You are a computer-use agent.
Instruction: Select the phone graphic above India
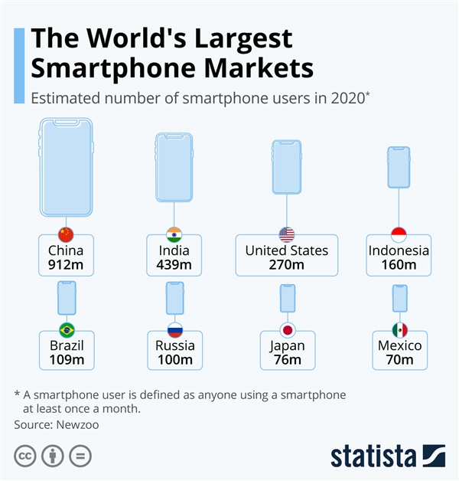tap(174, 167)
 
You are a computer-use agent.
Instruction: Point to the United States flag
tap(287, 234)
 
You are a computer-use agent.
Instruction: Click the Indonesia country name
tap(399, 250)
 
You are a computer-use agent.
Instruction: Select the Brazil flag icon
tap(66, 330)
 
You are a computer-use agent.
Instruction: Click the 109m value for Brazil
tap(66, 360)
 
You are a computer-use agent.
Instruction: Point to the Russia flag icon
tap(174, 330)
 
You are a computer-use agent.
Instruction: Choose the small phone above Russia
tap(174, 298)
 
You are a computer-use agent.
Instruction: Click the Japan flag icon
tap(287, 330)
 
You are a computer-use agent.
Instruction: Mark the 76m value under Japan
tap(287, 360)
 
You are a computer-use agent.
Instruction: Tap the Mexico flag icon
tap(399, 330)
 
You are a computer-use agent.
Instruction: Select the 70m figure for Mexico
tap(399, 360)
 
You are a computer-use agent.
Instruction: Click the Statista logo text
tap(373, 456)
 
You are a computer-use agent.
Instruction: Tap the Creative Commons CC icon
tap(26, 456)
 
